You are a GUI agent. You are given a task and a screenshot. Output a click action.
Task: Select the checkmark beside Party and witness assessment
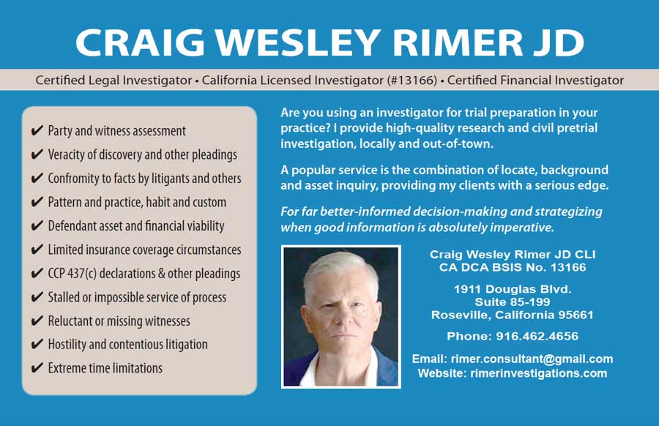[x=37, y=130]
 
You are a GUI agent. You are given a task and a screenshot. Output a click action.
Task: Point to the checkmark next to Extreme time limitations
[x=37, y=367]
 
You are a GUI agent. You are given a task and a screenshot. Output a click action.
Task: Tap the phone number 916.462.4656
[x=537, y=336]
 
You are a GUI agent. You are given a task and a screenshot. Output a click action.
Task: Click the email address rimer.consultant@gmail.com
[x=532, y=359]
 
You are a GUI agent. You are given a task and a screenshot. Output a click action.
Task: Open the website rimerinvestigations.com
[x=538, y=373]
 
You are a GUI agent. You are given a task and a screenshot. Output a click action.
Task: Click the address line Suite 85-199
[x=513, y=302]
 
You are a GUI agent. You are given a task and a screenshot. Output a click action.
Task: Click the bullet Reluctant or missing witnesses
[x=119, y=321]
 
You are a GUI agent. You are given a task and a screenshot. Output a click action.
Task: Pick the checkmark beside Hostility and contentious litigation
[x=37, y=344]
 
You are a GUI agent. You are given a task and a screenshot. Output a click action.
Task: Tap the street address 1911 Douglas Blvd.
[x=513, y=289]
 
